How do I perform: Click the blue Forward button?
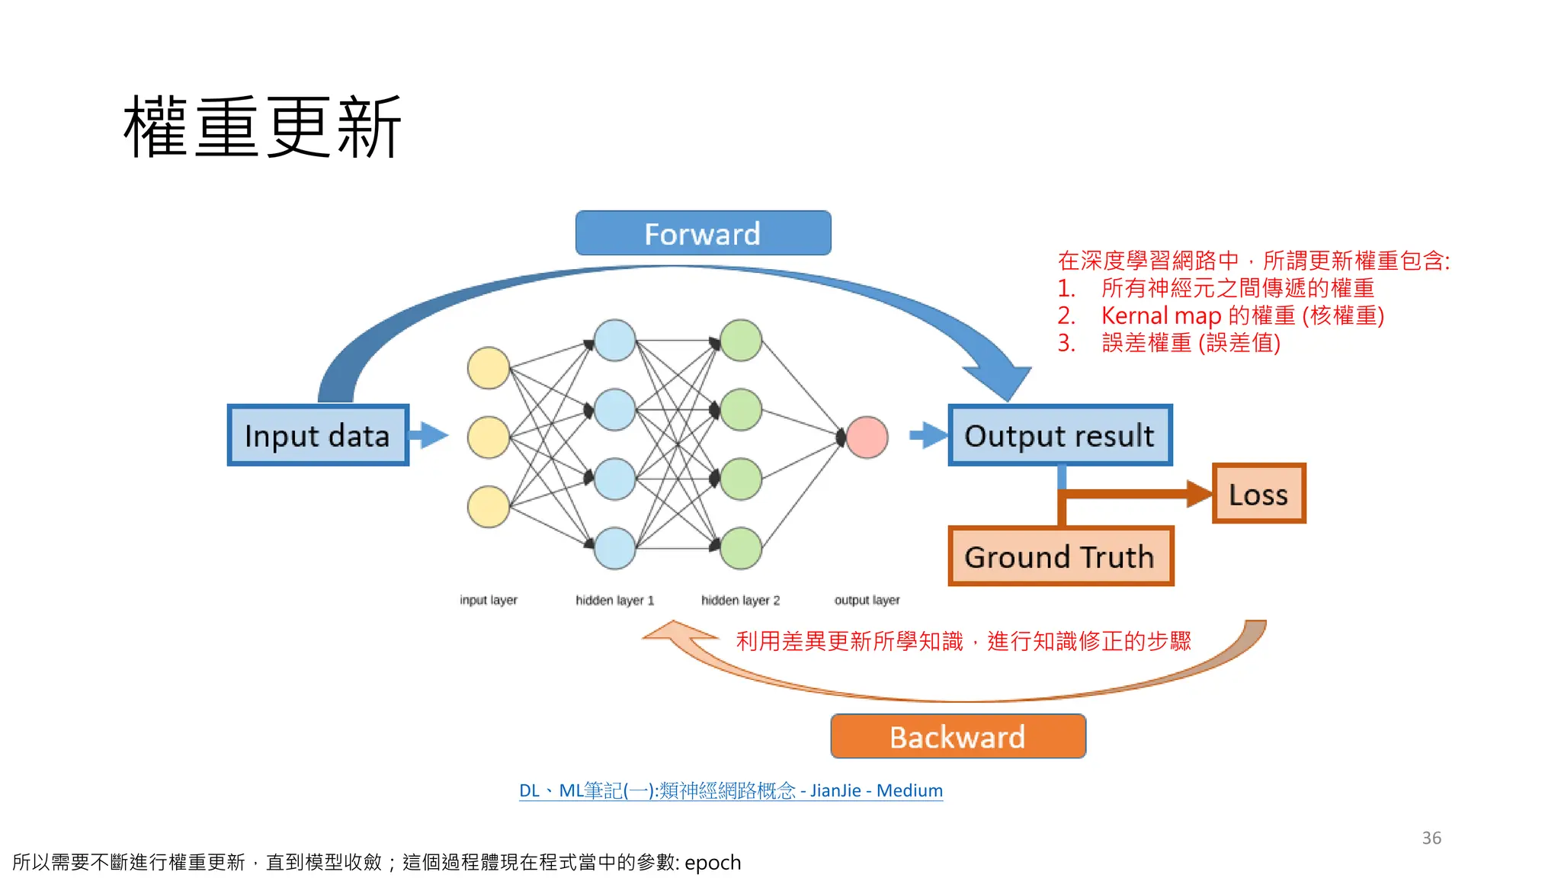[x=703, y=233]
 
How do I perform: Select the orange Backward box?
[x=957, y=736]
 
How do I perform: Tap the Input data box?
[x=318, y=435]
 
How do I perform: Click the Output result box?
[x=1059, y=435]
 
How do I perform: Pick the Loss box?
[x=1258, y=494]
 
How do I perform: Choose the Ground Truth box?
[x=1059, y=556]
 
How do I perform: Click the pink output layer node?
[x=867, y=437]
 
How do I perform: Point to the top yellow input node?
[x=489, y=367]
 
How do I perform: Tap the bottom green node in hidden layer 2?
[x=741, y=548]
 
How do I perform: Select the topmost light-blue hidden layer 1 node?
[x=614, y=340]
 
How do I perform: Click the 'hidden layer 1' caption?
[x=614, y=601]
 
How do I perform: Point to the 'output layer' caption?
[x=867, y=601]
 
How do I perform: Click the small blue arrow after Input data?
[x=430, y=435]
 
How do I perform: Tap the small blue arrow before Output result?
[x=928, y=435]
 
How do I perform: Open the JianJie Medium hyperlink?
[x=730, y=790]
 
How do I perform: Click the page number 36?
[x=1431, y=838]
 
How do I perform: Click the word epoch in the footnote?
[x=713, y=863]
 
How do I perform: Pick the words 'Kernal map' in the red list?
[x=1161, y=316]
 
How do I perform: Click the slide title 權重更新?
[x=262, y=127]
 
